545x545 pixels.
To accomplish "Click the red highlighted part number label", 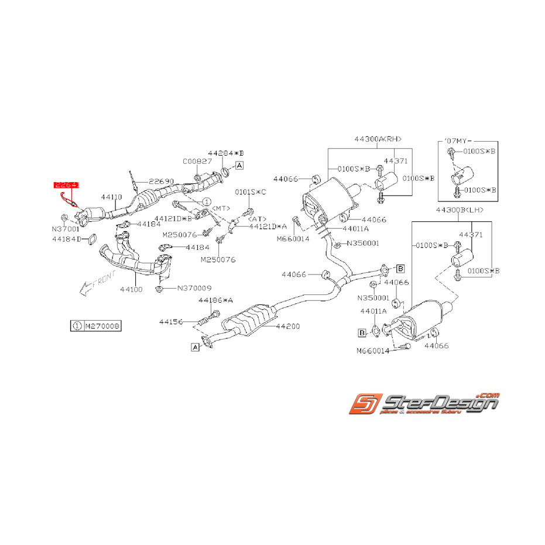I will [x=66, y=185].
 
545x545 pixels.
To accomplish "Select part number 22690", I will [x=161, y=181].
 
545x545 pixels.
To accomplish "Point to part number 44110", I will [x=111, y=198].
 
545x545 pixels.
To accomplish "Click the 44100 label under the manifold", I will [x=131, y=289].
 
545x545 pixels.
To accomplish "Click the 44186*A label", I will [x=215, y=300].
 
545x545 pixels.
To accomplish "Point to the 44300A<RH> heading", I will [x=378, y=139].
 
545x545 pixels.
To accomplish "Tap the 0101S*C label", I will [x=251, y=192].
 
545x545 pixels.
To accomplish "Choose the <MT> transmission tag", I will [x=221, y=208].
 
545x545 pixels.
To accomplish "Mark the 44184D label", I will [x=66, y=239].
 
